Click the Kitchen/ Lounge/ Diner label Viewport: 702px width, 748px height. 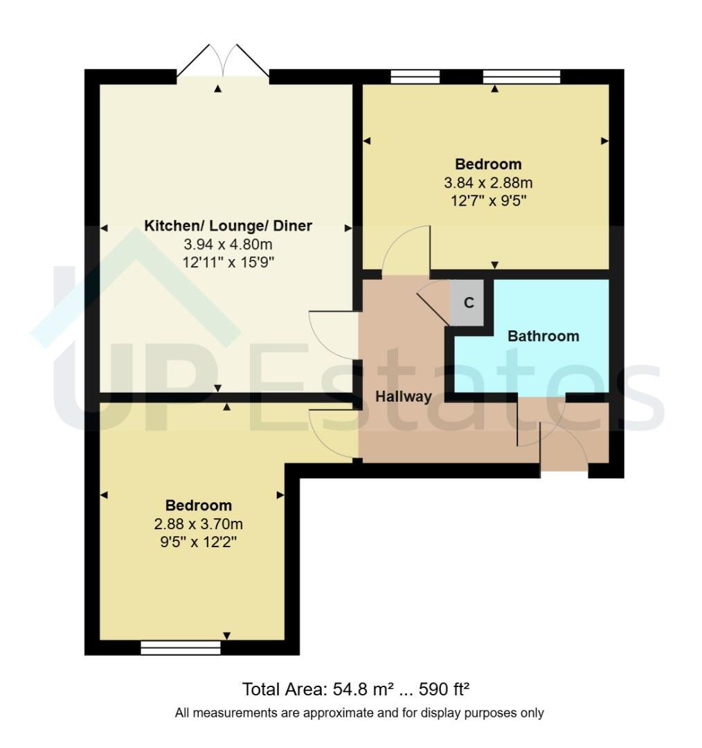pos(228,226)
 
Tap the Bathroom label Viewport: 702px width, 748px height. pos(543,337)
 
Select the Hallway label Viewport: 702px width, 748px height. pos(404,396)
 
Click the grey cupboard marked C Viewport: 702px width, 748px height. pos(467,303)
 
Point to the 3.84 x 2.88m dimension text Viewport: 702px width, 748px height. pos(488,183)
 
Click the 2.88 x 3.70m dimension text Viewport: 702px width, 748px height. pos(199,524)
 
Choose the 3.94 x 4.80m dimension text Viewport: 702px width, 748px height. pos(228,244)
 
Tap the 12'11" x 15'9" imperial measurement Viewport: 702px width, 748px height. pos(228,262)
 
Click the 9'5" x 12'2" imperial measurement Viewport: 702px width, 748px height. pos(199,542)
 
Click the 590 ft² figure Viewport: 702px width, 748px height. pos(444,689)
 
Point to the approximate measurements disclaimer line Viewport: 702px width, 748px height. pos(359,713)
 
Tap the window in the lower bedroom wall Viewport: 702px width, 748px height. pos(181,648)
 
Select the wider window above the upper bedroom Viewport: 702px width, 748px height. pos(522,77)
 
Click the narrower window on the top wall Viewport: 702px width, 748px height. pos(415,77)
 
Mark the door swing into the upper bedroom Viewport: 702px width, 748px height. pos(406,249)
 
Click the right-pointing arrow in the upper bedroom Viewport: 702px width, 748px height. pos(604,141)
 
